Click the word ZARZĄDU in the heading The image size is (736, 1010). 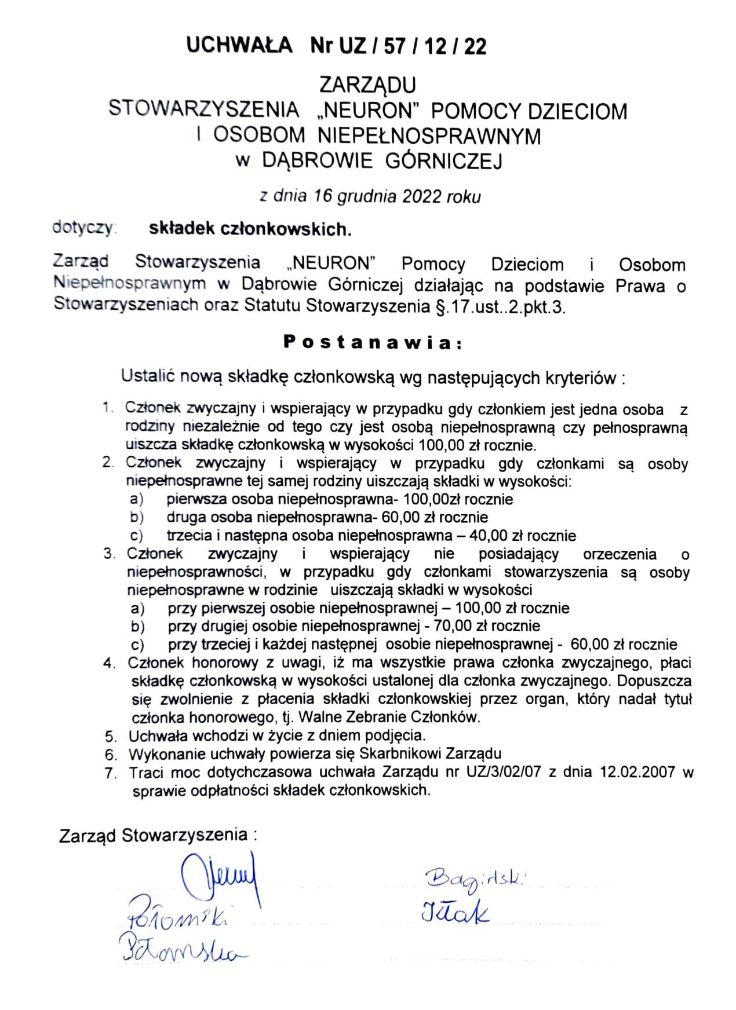[x=367, y=85]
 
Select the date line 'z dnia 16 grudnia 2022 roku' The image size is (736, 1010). [x=370, y=196]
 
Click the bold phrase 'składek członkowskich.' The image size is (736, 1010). [x=250, y=229]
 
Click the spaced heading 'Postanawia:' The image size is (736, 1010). [x=373, y=342]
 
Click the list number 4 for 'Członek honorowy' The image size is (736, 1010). [x=110, y=664]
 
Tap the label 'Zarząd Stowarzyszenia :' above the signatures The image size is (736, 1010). [x=158, y=835]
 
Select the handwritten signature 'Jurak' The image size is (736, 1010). [x=454, y=913]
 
